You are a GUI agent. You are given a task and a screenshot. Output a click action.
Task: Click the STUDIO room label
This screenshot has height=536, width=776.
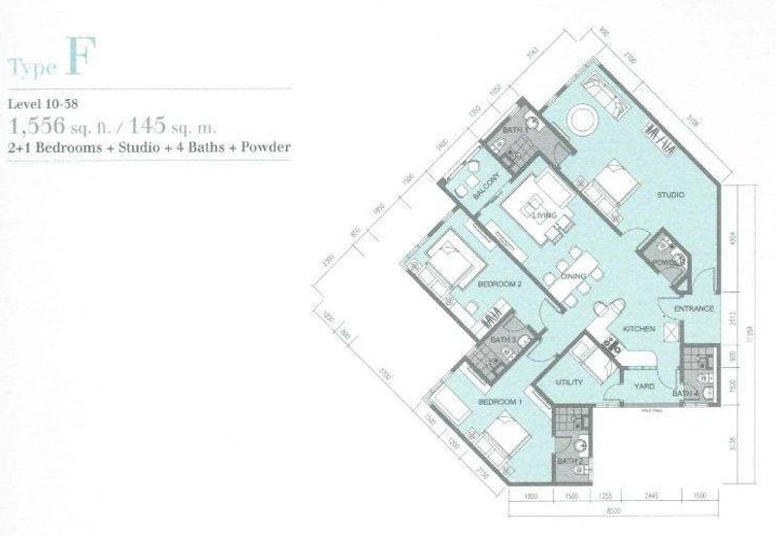tap(670, 195)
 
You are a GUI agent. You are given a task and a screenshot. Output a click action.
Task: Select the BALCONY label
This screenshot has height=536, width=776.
tap(486, 184)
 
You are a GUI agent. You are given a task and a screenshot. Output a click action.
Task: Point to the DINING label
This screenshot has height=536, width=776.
tap(573, 277)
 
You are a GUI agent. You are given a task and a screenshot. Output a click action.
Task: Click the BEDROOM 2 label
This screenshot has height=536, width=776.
tap(501, 284)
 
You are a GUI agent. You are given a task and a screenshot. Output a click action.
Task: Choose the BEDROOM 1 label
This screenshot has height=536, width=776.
tap(501, 401)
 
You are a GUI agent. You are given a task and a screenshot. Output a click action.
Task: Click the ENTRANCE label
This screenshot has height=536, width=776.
tap(695, 309)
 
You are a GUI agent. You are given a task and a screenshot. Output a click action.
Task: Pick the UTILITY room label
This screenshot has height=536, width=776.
tap(568, 383)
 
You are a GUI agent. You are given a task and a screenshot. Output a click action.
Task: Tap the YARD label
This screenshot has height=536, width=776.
tap(643, 386)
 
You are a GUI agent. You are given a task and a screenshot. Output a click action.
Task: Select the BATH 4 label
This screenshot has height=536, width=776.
tap(686, 393)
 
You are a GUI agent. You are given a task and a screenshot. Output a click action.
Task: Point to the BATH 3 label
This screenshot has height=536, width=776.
tap(501, 341)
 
